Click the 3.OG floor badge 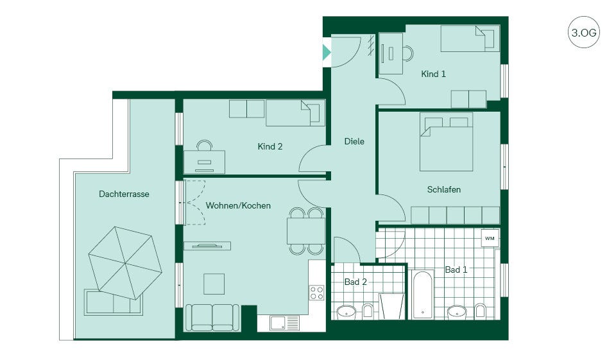point(583,32)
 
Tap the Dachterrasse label point(124,194)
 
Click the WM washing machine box point(490,238)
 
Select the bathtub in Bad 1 point(423,295)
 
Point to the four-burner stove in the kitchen point(316,293)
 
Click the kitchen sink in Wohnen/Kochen point(284,323)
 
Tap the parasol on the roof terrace point(125,262)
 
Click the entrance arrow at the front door point(327,52)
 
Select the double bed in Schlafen point(446,142)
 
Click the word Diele point(354,141)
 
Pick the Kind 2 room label point(270,146)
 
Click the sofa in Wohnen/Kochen point(212,317)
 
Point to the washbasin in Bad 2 point(346,312)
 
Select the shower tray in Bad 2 point(391,306)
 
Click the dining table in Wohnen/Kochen point(306,231)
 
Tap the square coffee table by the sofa point(214,284)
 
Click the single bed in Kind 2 point(295,113)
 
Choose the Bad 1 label point(456,270)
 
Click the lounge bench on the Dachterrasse point(113,302)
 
